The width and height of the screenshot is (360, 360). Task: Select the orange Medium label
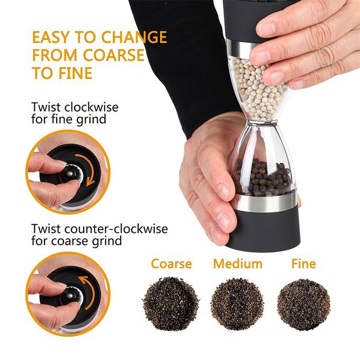click(x=238, y=264)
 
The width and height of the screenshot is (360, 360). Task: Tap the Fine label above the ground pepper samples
click(x=303, y=264)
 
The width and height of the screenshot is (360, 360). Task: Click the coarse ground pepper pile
click(x=170, y=304)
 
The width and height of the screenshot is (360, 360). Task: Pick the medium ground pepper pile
click(x=237, y=304)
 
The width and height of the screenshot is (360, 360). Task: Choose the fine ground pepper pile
click(x=304, y=304)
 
